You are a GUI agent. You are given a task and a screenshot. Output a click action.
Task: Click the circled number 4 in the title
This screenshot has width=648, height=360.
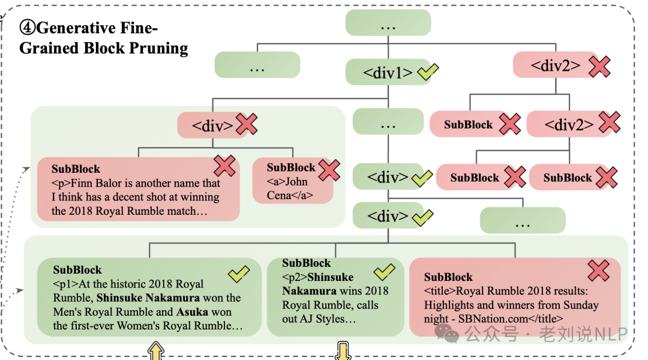[28, 28]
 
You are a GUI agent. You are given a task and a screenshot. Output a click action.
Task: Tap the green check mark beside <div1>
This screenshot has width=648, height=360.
[428, 73]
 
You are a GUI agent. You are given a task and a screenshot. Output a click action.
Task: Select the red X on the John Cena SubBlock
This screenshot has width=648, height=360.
[329, 170]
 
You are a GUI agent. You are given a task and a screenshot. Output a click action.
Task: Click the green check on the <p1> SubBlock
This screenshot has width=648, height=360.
[238, 274]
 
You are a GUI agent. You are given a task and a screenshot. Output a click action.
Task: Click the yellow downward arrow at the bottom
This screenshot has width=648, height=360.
[343, 351]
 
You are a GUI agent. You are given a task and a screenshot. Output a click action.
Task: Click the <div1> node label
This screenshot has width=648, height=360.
[388, 73]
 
